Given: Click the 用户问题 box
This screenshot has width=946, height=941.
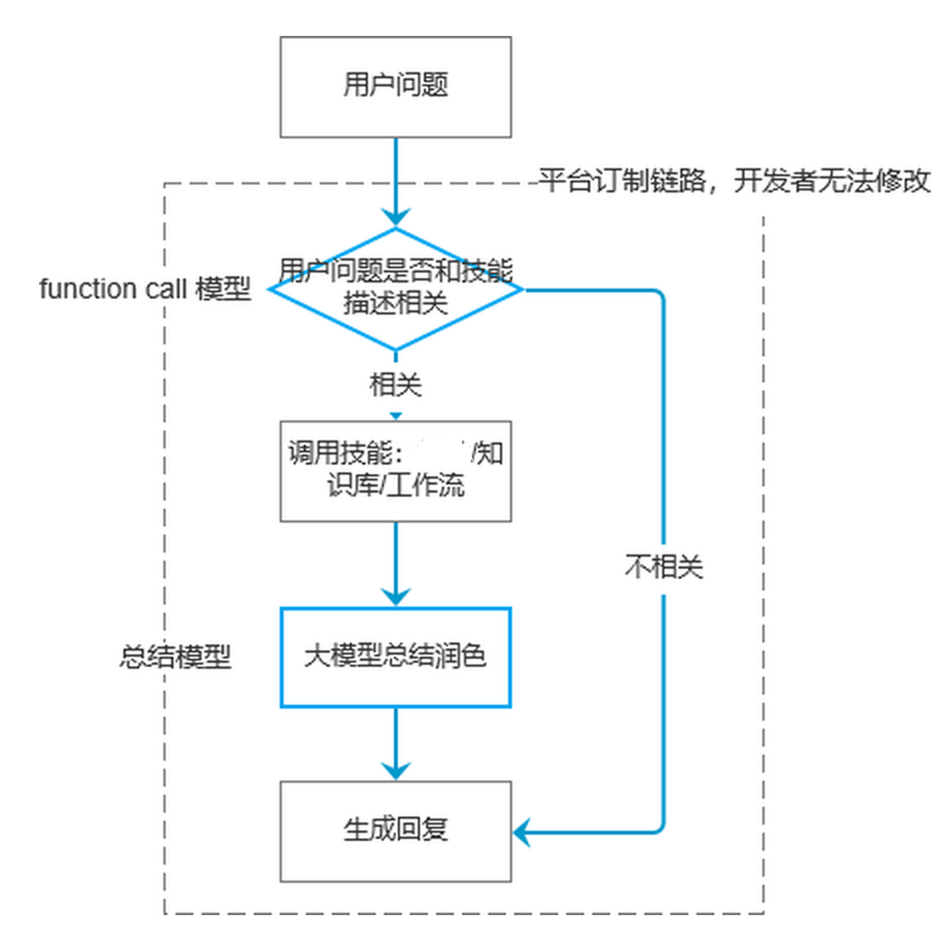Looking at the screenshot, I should tap(395, 87).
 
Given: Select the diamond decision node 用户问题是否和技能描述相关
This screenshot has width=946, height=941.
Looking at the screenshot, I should tap(395, 289).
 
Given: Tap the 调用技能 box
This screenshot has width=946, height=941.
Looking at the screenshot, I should tap(395, 471).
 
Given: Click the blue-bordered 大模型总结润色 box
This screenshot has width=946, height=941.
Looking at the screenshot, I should tap(395, 657).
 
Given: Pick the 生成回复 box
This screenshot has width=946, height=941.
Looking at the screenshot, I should tap(395, 831).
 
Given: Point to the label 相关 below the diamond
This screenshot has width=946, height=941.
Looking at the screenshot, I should tap(395, 385).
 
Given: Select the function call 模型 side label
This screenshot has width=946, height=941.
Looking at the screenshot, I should tap(145, 289).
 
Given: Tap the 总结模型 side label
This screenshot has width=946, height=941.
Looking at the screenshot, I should tap(175, 656).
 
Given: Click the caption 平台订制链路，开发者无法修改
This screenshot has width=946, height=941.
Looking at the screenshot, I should tap(734, 181).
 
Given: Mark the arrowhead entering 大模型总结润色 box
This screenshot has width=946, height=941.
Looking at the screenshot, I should tap(396, 597).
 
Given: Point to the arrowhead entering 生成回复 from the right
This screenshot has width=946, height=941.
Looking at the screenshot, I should tap(522, 832).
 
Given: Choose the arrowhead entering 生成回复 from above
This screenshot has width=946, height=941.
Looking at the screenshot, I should tap(396, 770).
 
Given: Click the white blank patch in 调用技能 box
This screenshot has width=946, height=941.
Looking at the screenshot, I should tap(440, 452).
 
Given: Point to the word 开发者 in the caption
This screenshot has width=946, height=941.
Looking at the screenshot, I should tap(772, 181).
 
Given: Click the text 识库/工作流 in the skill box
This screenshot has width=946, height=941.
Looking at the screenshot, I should tap(395, 486).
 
